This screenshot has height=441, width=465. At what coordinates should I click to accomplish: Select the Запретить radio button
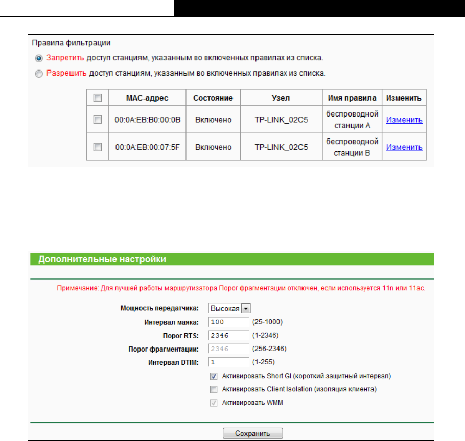click(39, 58)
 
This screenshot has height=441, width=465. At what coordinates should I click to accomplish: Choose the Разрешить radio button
click(39, 74)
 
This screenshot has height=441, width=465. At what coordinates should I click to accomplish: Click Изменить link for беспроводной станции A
click(404, 120)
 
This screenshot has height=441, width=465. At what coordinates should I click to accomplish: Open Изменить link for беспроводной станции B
click(404, 147)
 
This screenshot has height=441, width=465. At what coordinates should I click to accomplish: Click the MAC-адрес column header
click(147, 98)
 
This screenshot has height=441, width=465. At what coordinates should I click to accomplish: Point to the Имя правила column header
click(352, 98)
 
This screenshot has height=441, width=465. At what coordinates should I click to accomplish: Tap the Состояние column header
click(213, 98)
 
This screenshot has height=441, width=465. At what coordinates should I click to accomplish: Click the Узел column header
click(281, 98)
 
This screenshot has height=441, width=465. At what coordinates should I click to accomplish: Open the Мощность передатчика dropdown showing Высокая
click(229, 309)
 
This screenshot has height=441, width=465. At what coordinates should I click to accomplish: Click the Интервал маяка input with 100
click(228, 322)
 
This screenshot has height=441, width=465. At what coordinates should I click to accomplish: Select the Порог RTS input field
click(228, 336)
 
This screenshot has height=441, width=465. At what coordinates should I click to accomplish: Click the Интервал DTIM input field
click(228, 362)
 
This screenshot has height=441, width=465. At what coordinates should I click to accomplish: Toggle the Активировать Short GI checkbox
click(214, 376)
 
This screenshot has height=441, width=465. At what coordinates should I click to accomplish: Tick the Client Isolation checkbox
click(214, 389)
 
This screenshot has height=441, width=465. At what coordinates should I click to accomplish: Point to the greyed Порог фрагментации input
click(228, 349)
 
